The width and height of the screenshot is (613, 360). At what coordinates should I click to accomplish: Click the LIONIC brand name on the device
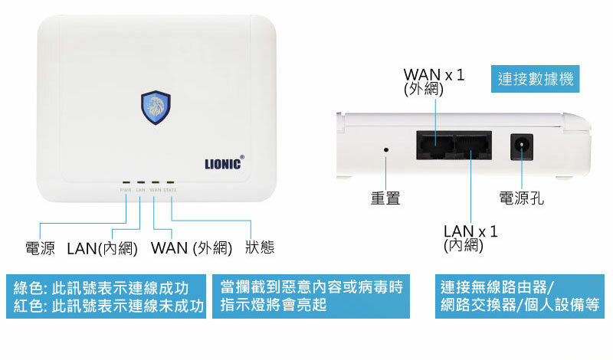tap(225, 163)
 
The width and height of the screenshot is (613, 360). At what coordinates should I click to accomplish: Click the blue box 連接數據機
tap(535, 78)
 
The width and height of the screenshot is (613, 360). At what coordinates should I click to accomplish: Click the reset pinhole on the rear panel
tap(385, 149)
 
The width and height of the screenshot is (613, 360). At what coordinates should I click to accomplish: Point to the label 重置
tap(385, 199)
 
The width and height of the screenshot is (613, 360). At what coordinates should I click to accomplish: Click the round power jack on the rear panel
tap(523, 146)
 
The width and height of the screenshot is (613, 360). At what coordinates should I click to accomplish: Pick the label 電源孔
tap(522, 199)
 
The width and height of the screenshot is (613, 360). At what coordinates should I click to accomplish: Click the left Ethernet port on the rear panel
tap(434, 146)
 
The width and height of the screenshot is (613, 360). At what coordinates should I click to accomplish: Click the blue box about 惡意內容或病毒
tap(311, 296)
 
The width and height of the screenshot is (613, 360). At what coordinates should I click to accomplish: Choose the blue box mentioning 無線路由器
tap(520, 296)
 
